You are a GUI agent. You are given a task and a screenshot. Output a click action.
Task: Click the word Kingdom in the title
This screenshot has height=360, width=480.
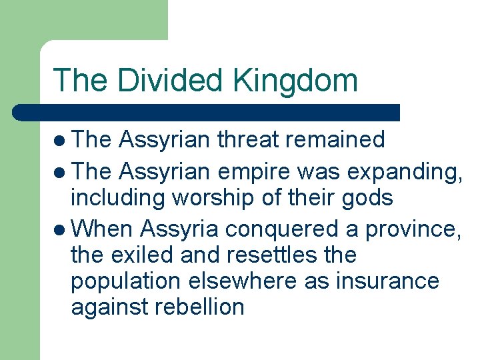tap(295, 81)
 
